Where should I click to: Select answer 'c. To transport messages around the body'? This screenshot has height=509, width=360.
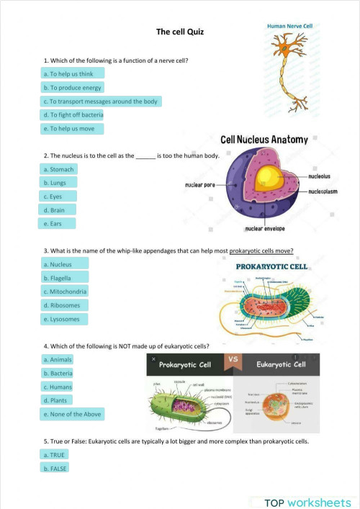point(100,102)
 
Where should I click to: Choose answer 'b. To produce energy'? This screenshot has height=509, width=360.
point(73,87)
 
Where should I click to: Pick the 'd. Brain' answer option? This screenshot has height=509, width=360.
point(54,210)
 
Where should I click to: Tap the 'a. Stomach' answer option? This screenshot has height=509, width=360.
point(58,169)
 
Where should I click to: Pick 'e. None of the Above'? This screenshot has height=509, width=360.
point(72,414)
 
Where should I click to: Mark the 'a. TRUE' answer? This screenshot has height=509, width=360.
point(54,454)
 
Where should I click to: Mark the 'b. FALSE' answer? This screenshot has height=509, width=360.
point(55,468)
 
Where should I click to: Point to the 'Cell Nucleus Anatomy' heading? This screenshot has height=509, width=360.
point(264,140)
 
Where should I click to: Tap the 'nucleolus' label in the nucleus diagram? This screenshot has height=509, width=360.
point(320,176)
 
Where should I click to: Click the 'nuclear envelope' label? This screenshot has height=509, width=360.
point(265,229)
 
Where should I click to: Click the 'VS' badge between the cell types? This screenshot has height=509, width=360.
point(233,359)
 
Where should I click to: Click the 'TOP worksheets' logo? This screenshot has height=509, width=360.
point(307,501)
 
